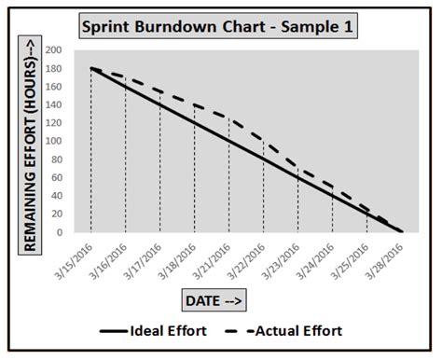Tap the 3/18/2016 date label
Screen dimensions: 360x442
(x=178, y=257)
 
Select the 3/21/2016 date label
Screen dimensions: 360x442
(x=213, y=257)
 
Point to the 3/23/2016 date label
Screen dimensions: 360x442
(x=282, y=257)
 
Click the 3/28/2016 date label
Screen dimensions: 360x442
(x=385, y=257)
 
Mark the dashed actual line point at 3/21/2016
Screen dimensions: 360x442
(x=229, y=118)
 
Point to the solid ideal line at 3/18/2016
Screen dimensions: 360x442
(x=195, y=122)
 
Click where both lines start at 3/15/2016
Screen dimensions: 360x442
(x=91, y=68)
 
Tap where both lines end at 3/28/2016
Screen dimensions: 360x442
(x=401, y=231)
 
